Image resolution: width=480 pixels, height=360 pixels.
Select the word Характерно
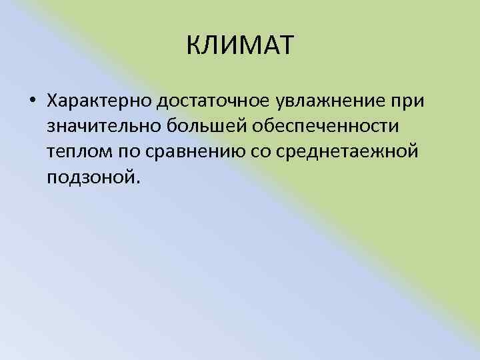tap(99, 100)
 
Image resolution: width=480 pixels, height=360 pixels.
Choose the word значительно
tap(99, 126)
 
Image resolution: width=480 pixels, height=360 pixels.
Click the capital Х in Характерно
tap(53, 100)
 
